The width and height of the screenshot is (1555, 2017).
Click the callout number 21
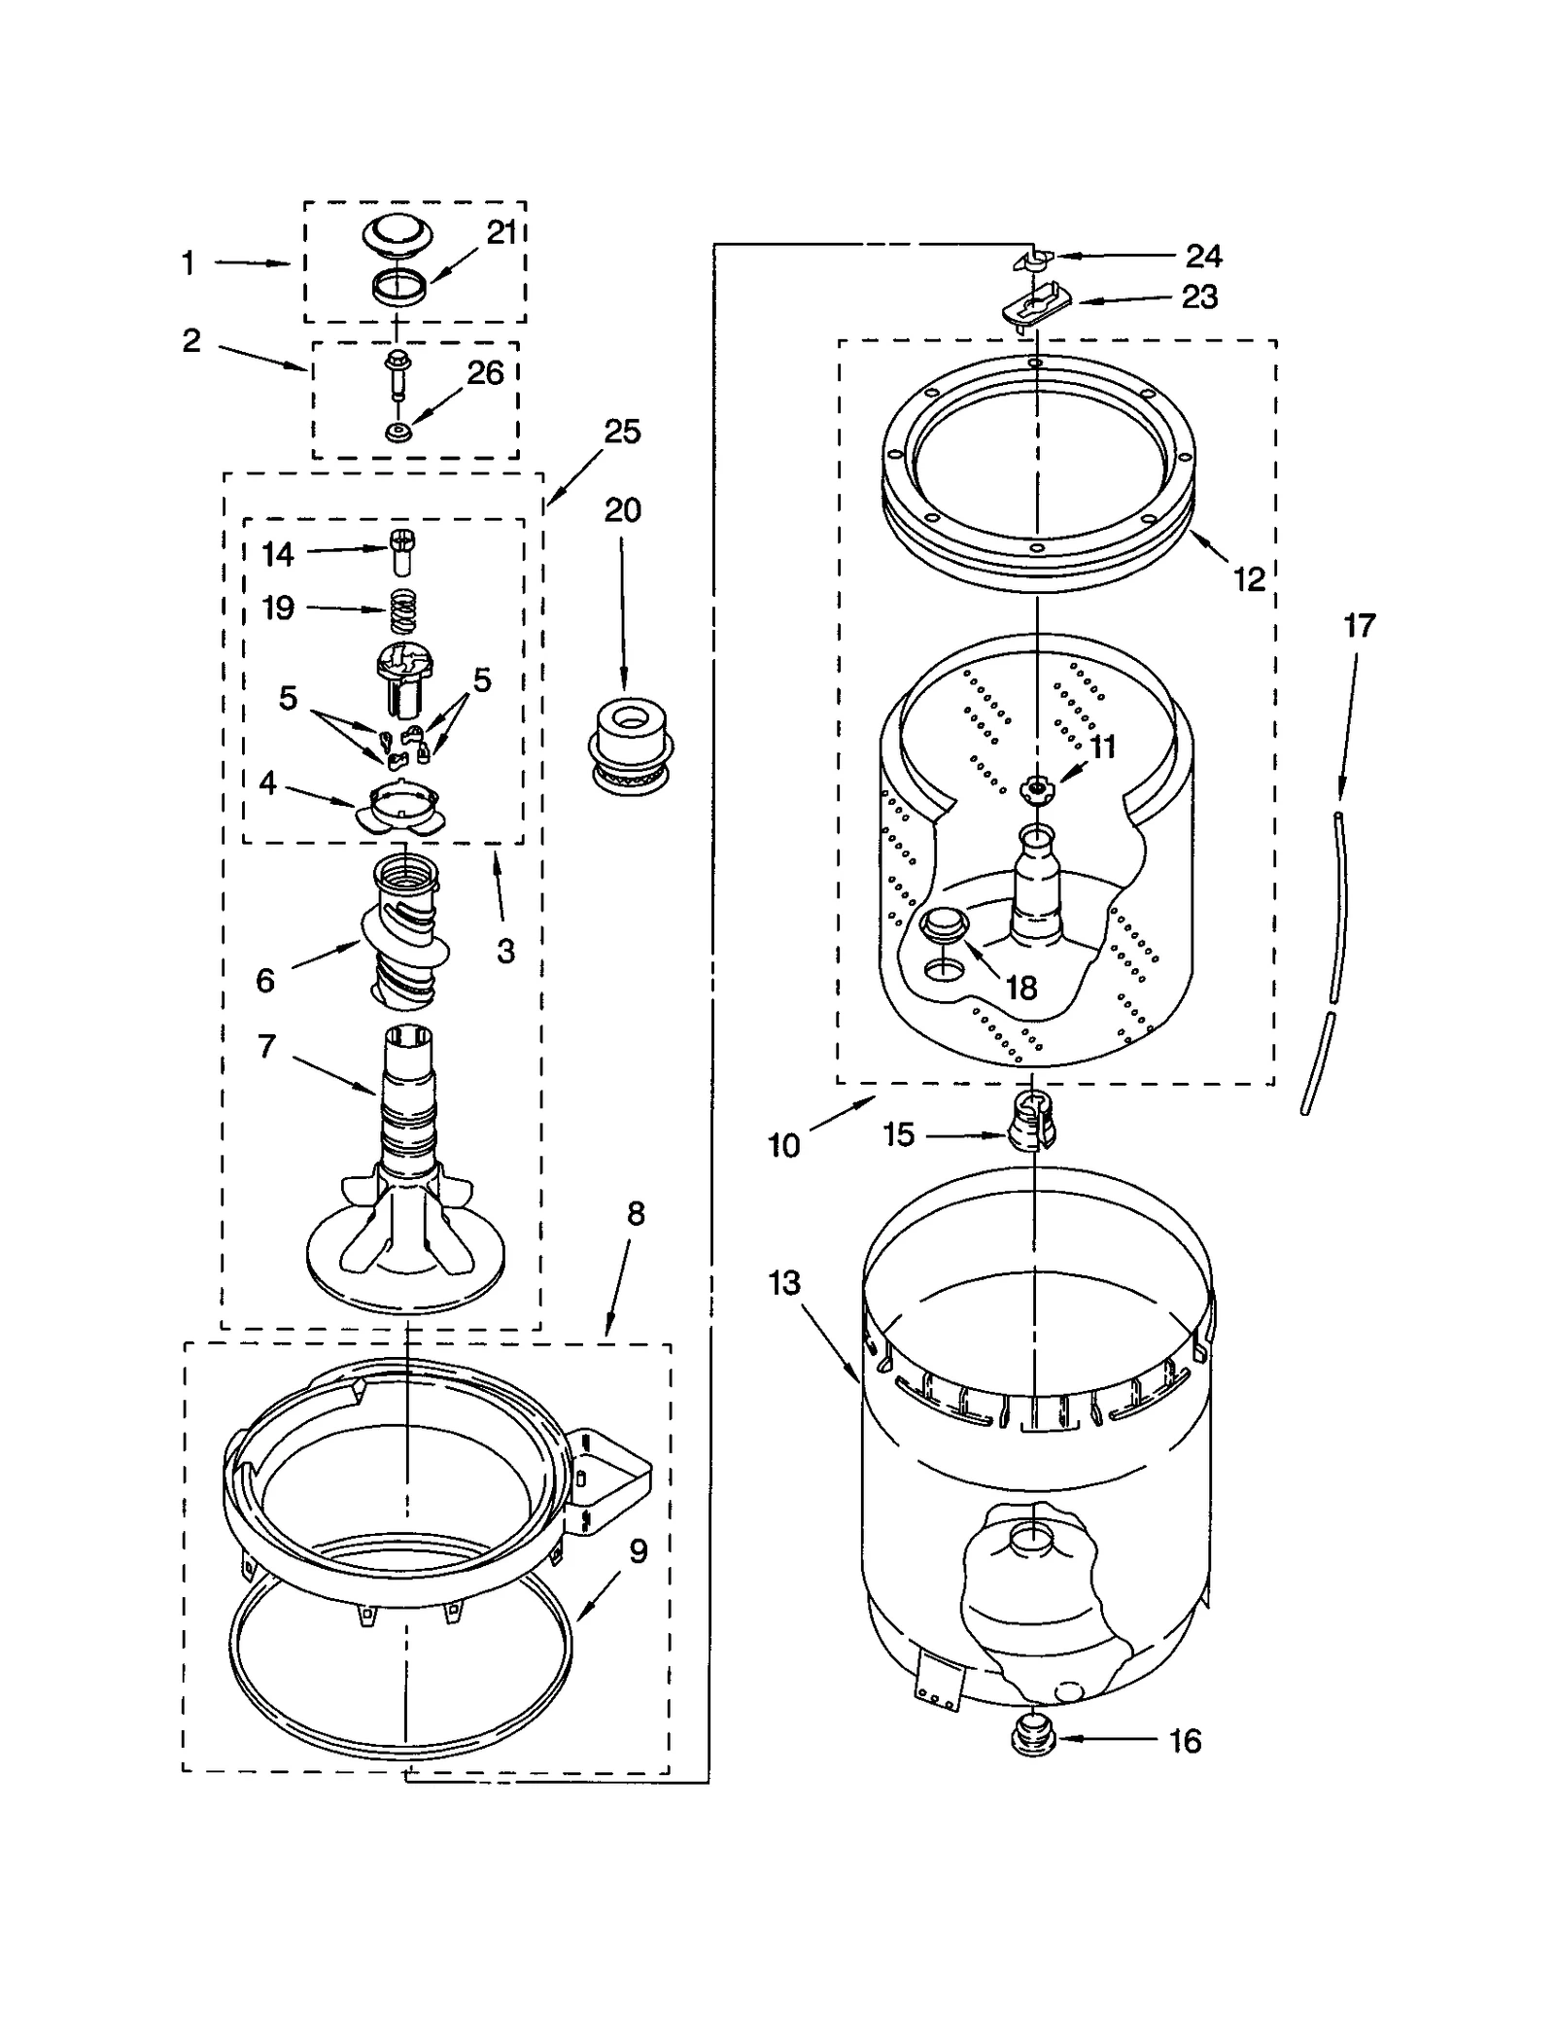pyautogui.click(x=501, y=233)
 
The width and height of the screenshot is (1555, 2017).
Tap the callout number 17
pyautogui.click(x=1359, y=626)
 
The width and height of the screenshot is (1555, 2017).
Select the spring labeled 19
pyautogui.click(x=403, y=611)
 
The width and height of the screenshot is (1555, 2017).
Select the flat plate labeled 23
pyautogui.click(x=1036, y=305)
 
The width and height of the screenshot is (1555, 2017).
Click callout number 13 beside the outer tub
pyautogui.click(x=783, y=1283)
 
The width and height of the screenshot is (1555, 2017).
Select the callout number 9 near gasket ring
pyautogui.click(x=638, y=1551)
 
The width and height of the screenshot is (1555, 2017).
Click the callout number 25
pyautogui.click(x=622, y=432)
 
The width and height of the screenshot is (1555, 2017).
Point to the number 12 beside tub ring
pyautogui.click(x=1249, y=579)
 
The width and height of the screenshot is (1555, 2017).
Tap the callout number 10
pyautogui.click(x=783, y=1145)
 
